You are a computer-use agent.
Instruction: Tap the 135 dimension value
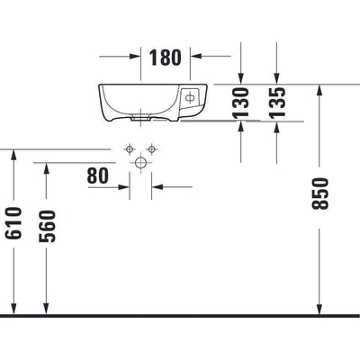(277, 103)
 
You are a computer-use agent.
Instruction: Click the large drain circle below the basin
(141, 163)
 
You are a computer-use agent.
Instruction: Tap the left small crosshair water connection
(130, 148)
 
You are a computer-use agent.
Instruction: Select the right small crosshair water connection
(153, 148)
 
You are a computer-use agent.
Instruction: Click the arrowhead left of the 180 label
(136, 57)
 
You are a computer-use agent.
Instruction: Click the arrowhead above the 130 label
(240, 76)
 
